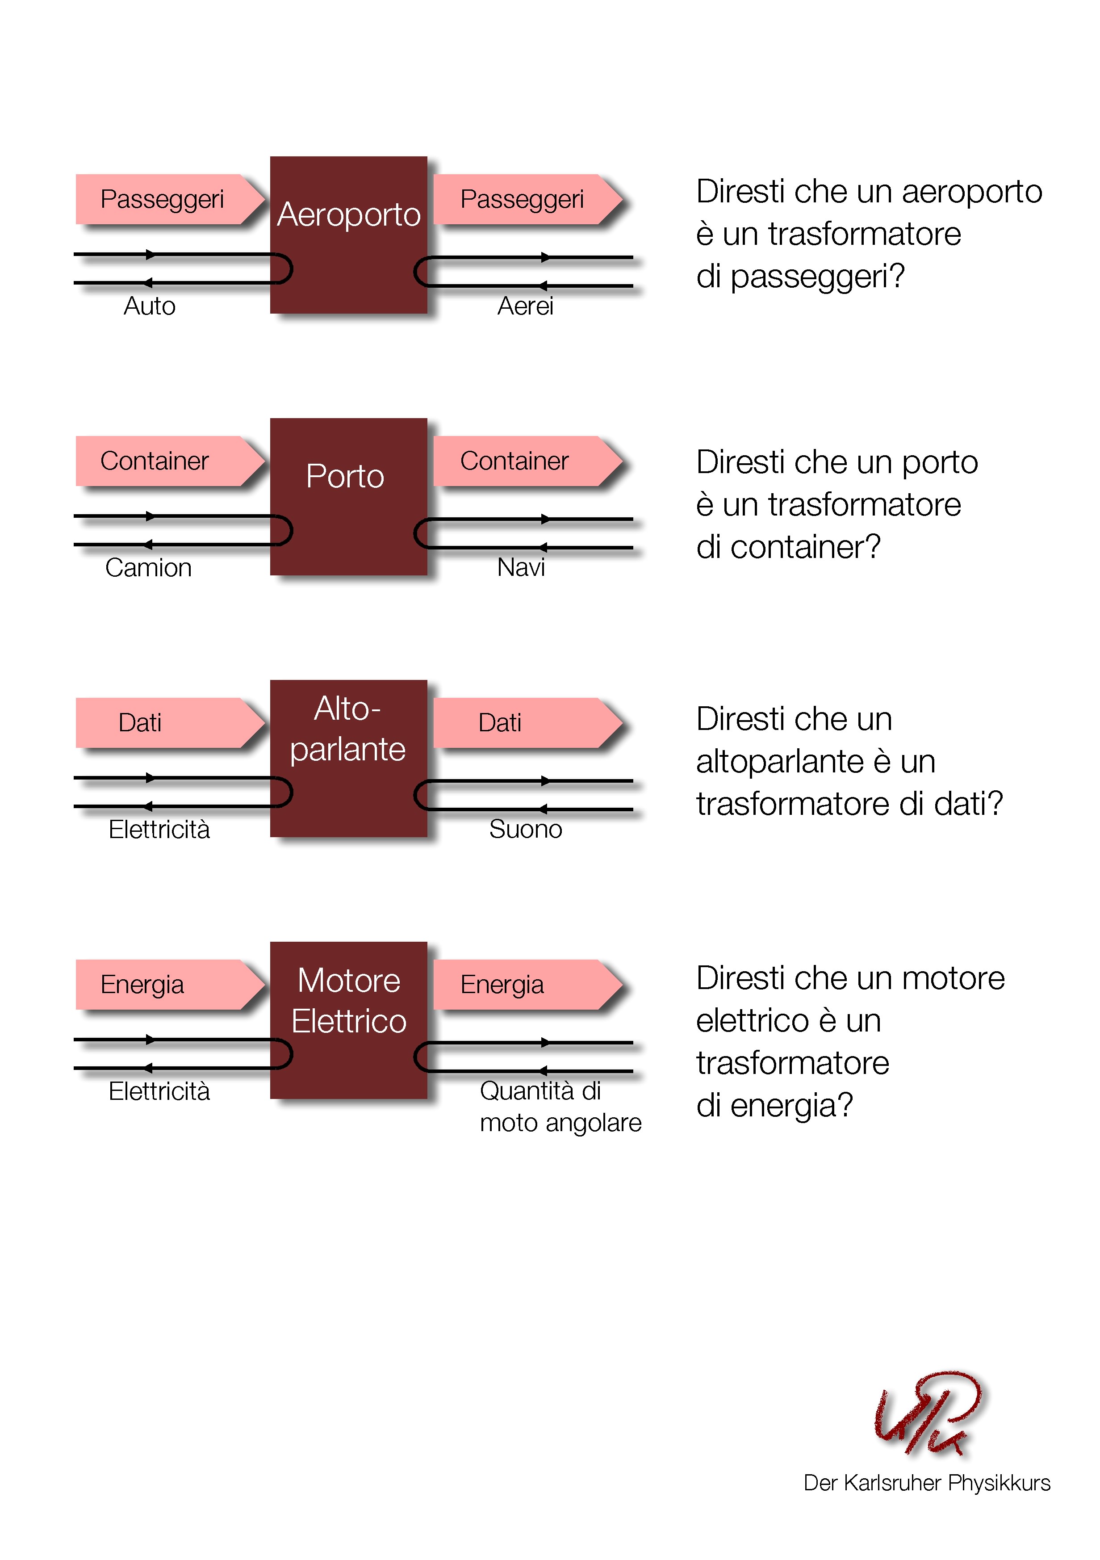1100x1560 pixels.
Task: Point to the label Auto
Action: [150, 306]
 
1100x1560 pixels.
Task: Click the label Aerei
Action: [525, 306]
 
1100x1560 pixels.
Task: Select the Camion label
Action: [148, 568]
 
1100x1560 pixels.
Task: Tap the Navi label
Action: [521, 567]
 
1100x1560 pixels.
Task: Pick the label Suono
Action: [525, 830]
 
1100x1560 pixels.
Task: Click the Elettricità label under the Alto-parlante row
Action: [159, 830]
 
